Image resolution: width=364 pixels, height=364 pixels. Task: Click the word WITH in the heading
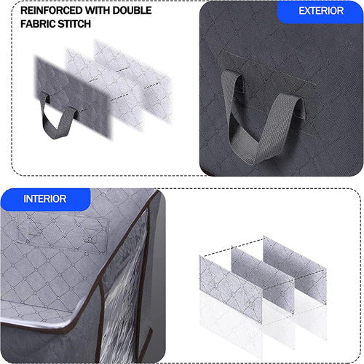(98, 11)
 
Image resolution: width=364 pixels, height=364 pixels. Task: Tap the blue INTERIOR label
(45, 198)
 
